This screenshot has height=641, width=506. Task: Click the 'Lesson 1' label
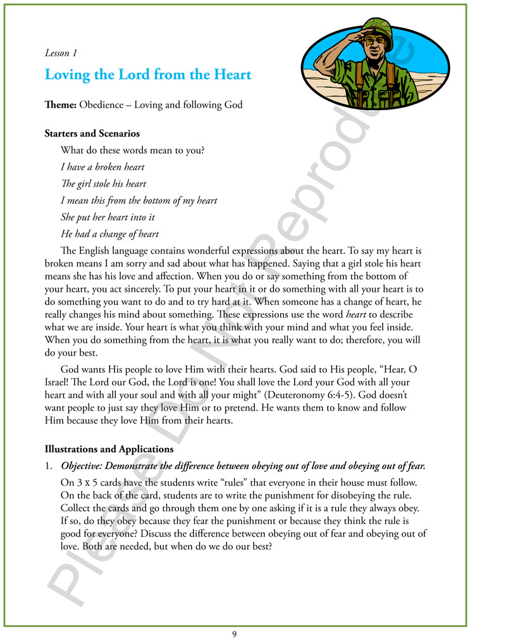pyautogui.click(x=61, y=53)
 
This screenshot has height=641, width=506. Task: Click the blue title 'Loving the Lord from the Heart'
pyautogui.click(x=147, y=75)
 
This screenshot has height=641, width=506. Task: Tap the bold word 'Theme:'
pyautogui.click(x=61, y=104)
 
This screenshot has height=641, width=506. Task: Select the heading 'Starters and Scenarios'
pyautogui.click(x=92, y=134)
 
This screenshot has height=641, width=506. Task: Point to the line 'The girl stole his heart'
pyautogui.click(x=103, y=184)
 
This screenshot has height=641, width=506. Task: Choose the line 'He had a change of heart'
pyautogui.click(x=109, y=233)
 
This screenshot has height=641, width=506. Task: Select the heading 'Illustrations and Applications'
pyautogui.click(x=109, y=449)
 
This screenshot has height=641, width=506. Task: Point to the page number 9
pyautogui.click(x=235, y=634)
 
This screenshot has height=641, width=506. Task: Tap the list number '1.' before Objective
pyautogui.click(x=49, y=466)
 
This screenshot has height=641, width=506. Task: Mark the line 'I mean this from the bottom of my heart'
pyautogui.click(x=139, y=201)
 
